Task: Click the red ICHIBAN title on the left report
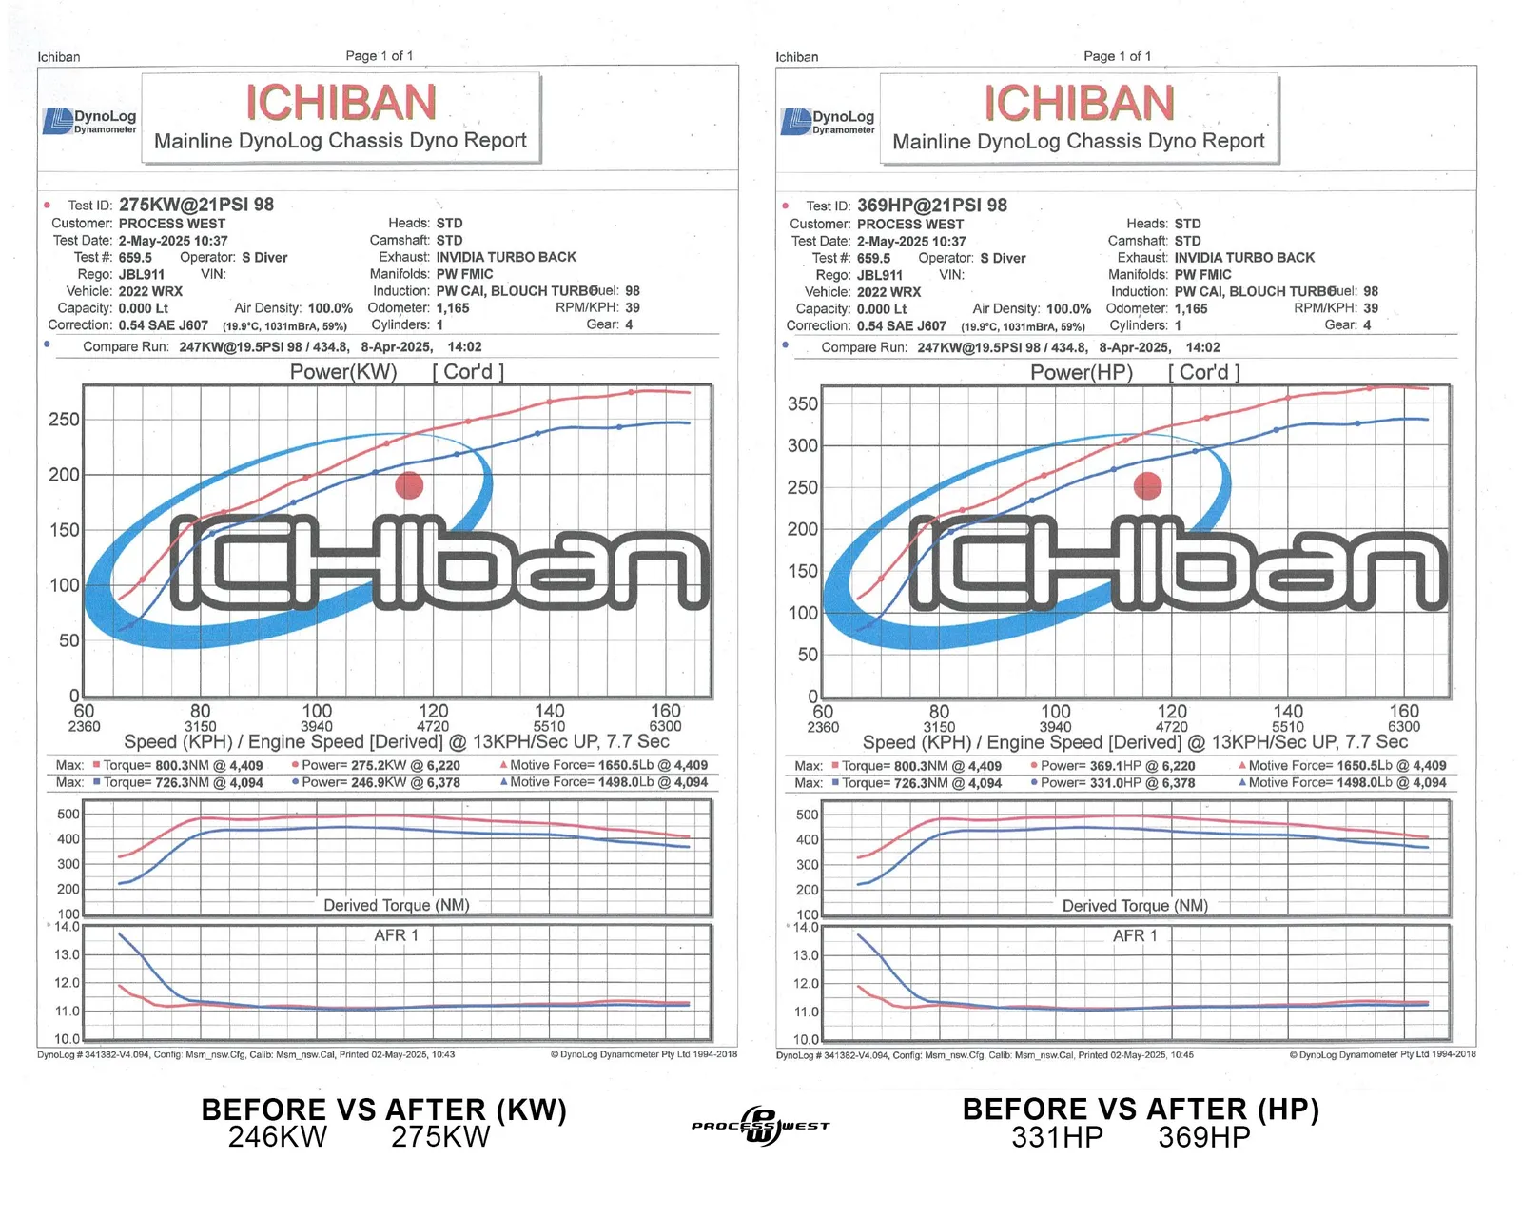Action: [x=341, y=103]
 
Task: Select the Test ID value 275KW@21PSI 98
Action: [x=196, y=205]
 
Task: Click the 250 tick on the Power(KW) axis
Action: [x=64, y=420]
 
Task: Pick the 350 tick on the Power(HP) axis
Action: [x=803, y=403]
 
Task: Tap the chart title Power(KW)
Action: [x=343, y=372]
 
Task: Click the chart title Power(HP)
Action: [x=1082, y=373]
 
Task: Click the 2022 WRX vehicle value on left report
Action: [x=150, y=291]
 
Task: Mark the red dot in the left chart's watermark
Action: [x=409, y=485]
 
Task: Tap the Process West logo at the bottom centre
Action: [x=760, y=1126]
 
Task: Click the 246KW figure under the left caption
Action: [x=277, y=1137]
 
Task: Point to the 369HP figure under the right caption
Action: [x=1203, y=1137]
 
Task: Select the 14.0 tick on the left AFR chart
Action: [x=67, y=927]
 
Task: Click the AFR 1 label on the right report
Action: [x=1135, y=936]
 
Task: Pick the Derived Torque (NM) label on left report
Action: [x=397, y=905]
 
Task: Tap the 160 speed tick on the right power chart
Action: [x=1404, y=712]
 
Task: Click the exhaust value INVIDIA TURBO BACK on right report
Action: [x=1244, y=258]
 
